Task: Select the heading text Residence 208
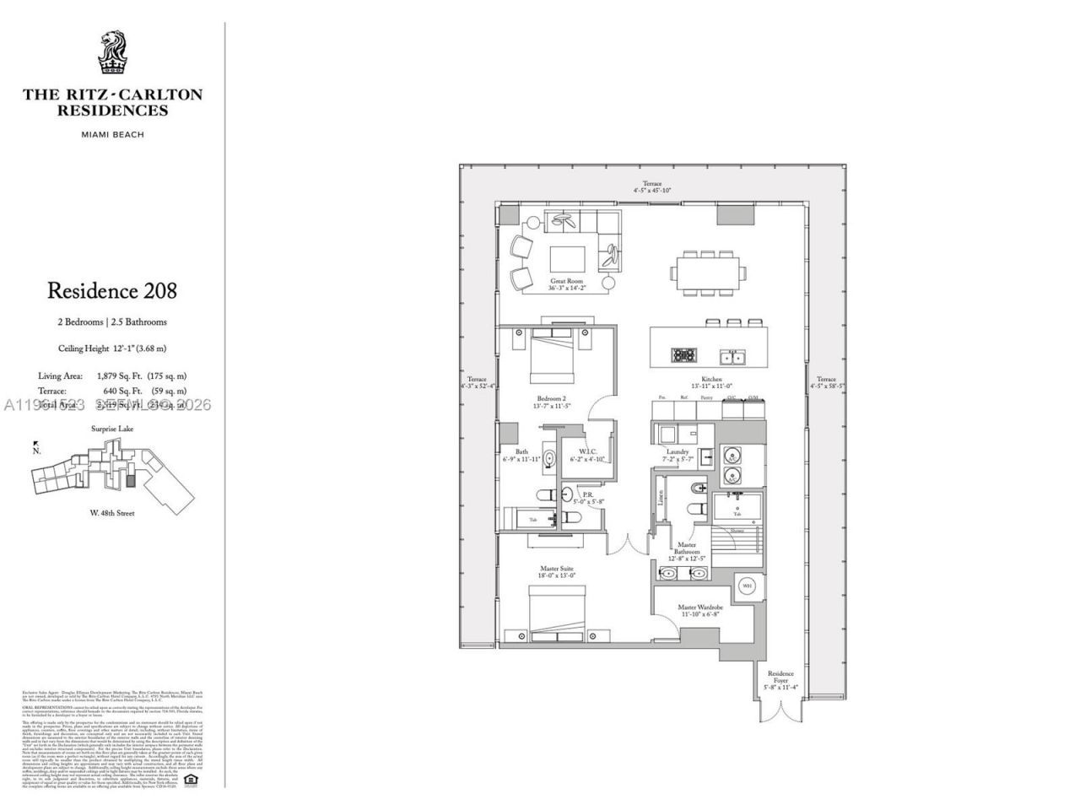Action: [x=112, y=291]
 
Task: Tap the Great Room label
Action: [x=566, y=285]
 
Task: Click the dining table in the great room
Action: [x=709, y=272]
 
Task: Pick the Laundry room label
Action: [x=678, y=456]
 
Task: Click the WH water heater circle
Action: [x=747, y=586]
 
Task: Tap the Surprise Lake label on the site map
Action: [x=112, y=429]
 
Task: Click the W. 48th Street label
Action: [x=112, y=513]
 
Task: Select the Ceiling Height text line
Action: [x=112, y=348]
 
